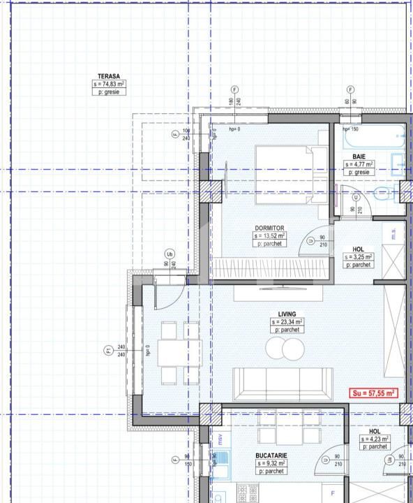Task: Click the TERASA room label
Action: [109, 76]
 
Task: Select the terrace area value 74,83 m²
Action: [109, 84]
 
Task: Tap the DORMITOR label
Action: [269, 228]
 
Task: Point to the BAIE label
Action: [359, 156]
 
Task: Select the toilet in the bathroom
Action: [384, 194]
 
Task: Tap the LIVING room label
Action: [287, 314]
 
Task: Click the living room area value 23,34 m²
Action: [287, 322]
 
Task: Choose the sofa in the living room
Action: [282, 383]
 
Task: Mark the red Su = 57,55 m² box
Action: [373, 393]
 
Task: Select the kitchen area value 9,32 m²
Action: [271, 463]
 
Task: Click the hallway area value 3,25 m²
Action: [359, 257]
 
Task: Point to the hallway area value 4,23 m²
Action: [375, 439]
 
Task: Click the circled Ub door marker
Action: [170, 254]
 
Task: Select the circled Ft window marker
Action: [108, 351]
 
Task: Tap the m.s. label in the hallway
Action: [393, 235]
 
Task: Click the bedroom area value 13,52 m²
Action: [269, 236]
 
